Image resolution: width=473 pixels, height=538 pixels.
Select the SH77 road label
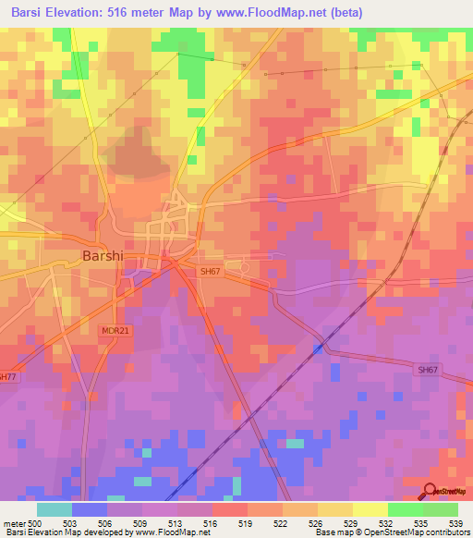pos(6,376)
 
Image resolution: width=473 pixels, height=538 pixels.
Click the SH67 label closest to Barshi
pos(211,272)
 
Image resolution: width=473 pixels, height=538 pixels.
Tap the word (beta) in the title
pos(343,13)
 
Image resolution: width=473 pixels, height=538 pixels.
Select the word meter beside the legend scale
pos(13,522)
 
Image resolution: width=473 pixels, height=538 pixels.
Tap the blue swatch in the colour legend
pos(90,509)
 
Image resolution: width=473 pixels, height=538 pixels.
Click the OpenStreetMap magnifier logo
pos(431,491)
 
